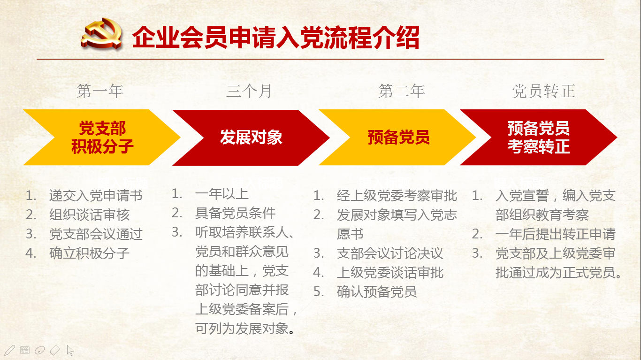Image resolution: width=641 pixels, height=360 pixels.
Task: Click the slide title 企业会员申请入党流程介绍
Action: [276, 38]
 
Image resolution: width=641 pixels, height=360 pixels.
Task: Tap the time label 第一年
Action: [100, 91]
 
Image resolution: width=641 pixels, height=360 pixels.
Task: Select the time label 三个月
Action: [249, 91]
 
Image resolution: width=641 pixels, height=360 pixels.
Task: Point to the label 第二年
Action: [402, 91]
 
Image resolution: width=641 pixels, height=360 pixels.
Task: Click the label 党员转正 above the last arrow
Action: [543, 91]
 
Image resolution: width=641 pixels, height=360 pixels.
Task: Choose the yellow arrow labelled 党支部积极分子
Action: [102, 138]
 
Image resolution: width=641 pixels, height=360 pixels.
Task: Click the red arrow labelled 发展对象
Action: [251, 138]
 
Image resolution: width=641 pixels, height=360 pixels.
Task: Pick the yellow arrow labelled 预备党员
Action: [397, 138]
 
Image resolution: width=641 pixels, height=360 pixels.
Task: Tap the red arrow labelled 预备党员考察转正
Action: [539, 138]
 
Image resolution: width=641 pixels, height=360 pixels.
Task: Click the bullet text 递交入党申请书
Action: [96, 196]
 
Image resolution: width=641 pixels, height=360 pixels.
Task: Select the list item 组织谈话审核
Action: [89, 215]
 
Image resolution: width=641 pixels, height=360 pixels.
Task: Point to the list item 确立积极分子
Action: [89, 253]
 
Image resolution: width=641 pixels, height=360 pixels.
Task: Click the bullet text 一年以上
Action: [222, 194]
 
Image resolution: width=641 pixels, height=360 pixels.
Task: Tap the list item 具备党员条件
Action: [235, 213]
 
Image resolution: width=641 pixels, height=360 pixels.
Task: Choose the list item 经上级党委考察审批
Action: [397, 196]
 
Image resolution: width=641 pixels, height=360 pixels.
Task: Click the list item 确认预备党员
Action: [377, 292]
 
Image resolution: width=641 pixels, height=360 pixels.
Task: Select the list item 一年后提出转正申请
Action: [555, 234]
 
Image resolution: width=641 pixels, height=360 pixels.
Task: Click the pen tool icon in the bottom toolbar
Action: [9, 350]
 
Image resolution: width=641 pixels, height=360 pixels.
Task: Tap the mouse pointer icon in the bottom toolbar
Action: [70, 350]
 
